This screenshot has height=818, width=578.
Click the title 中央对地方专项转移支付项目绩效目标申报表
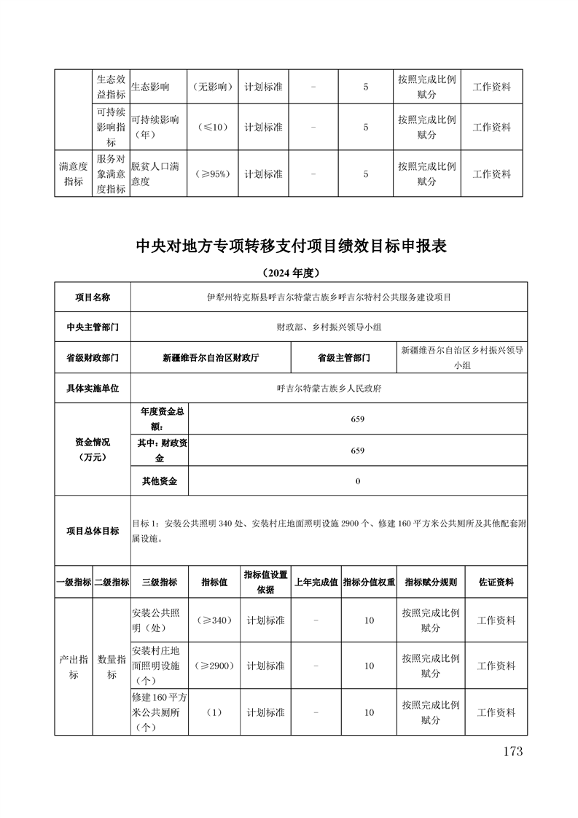[291, 246]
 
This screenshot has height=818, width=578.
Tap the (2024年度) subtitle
[290, 273]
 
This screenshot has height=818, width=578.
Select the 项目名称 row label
[93, 297]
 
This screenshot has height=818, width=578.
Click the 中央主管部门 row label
[93, 327]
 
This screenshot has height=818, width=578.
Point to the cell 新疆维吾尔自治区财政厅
[211, 358]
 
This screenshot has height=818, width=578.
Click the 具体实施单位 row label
[93, 389]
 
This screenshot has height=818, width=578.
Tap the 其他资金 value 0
[357, 481]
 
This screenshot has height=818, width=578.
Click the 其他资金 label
[159, 481]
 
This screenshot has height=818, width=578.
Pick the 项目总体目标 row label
[93, 531]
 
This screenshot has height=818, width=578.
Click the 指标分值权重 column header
[369, 583]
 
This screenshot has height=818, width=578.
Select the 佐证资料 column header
[496, 583]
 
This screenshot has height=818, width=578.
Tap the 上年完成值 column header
[316, 583]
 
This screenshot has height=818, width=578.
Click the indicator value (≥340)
[213, 620]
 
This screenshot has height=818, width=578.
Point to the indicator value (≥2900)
[213, 666]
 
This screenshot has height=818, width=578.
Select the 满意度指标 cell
[74, 174]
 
